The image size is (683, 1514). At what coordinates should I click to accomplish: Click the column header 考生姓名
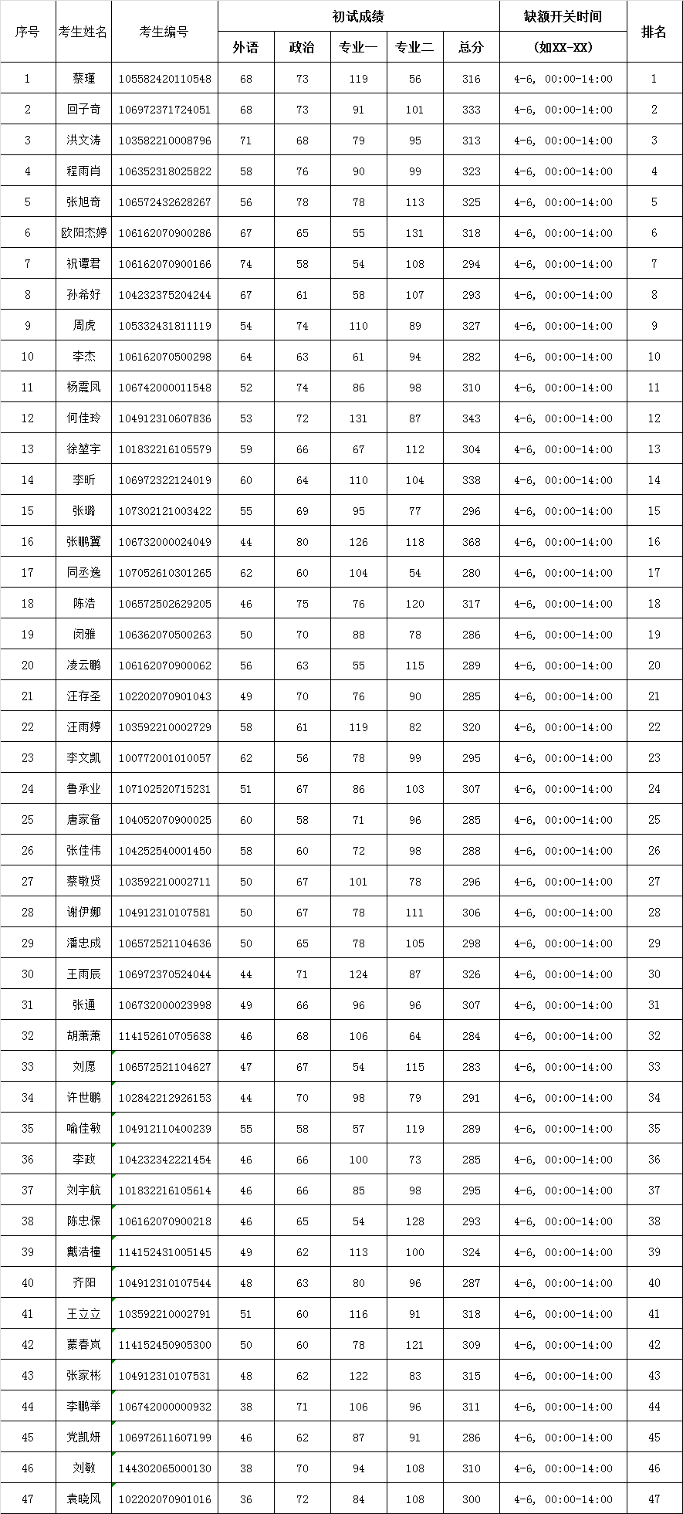(83, 32)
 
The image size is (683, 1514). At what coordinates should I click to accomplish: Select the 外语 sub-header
(245, 47)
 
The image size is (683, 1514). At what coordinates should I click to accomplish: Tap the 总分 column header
(471, 47)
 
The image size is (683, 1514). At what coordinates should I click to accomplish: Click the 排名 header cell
(654, 32)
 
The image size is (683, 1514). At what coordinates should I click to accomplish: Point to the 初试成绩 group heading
(358, 16)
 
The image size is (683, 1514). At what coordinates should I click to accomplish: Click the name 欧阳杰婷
(83, 233)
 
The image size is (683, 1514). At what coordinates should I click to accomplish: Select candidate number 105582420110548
(164, 79)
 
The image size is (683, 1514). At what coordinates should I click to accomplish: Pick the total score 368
(471, 542)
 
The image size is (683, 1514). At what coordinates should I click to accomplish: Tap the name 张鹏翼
(83, 542)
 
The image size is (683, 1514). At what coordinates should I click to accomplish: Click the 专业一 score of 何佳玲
(358, 418)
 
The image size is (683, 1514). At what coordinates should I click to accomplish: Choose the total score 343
(471, 418)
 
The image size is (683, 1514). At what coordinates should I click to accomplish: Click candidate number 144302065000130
(164, 1468)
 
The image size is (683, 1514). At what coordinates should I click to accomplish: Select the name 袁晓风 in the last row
(83, 1499)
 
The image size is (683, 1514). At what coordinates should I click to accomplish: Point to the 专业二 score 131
(414, 233)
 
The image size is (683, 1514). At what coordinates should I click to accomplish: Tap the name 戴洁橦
(83, 1252)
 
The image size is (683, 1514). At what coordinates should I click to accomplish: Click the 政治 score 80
(302, 542)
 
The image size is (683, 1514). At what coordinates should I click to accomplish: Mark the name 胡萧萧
(83, 1036)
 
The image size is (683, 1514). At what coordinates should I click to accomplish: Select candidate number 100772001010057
(164, 758)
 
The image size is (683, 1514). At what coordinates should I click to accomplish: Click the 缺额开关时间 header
(563, 16)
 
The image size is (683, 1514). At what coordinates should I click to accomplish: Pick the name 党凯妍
(83, 1438)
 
